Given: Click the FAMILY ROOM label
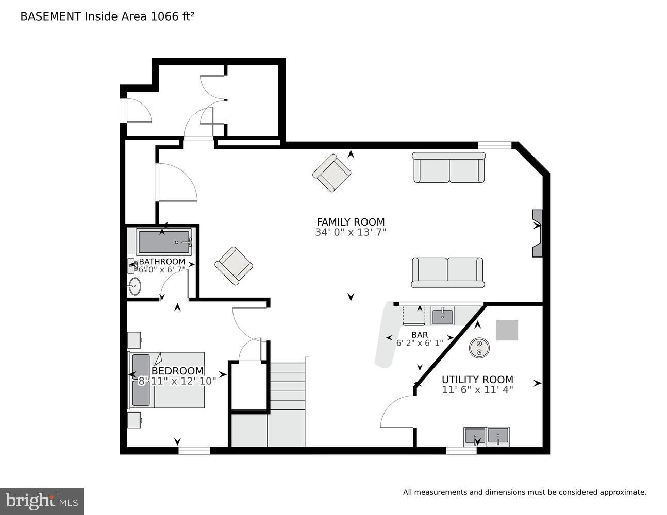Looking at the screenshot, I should (351, 222).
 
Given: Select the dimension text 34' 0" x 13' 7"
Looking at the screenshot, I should (351, 232).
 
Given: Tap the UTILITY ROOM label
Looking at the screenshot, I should (477, 380).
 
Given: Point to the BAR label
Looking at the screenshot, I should (420, 335).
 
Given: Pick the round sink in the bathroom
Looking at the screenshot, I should (135, 286).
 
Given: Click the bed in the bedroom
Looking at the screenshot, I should (166, 380).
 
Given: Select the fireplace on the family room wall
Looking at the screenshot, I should (537, 233).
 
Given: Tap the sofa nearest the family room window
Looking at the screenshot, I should (449, 167).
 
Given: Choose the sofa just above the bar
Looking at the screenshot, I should (447, 272).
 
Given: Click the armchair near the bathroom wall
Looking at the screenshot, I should (234, 266).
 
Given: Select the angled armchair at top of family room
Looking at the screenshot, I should (332, 173).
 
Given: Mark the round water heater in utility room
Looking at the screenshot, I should (479, 348).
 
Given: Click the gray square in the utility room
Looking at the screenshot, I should (507, 330).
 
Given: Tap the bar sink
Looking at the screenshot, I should (442, 316).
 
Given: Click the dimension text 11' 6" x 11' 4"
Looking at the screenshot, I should (477, 390).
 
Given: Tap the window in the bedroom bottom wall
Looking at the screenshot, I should (194, 451).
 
